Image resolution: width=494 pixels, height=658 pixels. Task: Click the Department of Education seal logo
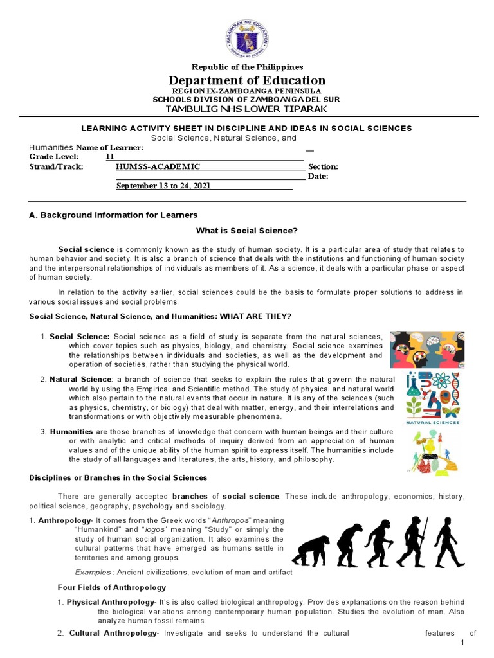pos(247,35)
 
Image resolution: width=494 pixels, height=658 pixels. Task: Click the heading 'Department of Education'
pos(247,80)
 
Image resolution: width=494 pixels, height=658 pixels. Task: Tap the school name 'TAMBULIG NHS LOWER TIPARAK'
pos(247,109)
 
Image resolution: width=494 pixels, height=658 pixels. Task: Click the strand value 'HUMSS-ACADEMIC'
pos(158,166)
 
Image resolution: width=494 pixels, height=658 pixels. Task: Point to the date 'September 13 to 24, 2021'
pos(163,186)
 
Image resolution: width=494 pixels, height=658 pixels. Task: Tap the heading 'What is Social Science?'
pos(247,230)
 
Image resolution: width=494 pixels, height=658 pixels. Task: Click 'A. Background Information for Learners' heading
pos(113,215)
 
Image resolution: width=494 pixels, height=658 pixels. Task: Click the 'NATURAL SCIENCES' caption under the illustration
pos(432,422)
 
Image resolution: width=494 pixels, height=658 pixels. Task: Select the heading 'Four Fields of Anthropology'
pos(112,587)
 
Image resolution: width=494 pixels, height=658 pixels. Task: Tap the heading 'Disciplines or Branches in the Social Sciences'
pos(118,477)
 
